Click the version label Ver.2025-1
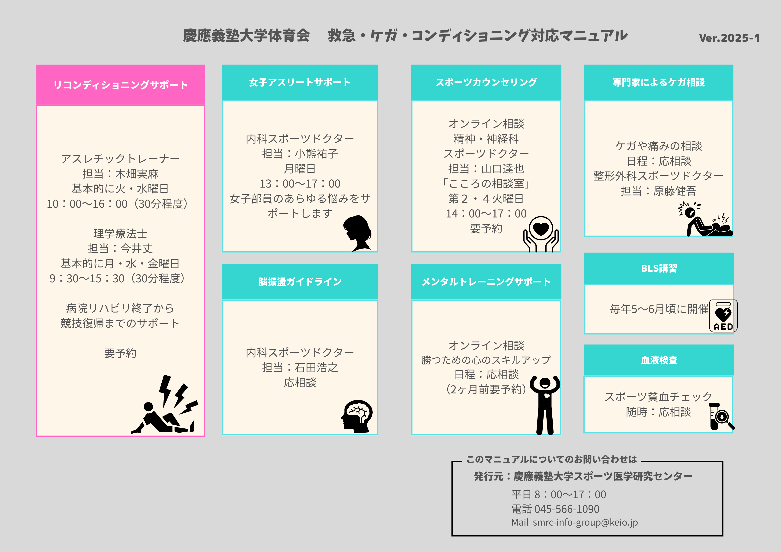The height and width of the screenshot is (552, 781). pos(729,38)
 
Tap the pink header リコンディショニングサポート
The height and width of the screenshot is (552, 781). pos(121,85)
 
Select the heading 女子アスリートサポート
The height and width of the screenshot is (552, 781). pos(300,82)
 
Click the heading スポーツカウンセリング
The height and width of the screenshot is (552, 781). pos(486,82)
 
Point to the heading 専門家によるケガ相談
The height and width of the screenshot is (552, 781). pos(659,82)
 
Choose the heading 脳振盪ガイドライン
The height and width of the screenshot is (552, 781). pos(300,282)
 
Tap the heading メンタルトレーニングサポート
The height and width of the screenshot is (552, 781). pos(486,282)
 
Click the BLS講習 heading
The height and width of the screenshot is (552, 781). pos(659,268)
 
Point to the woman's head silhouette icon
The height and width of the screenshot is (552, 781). pos(357,233)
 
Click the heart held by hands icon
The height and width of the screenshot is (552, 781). pos(541,234)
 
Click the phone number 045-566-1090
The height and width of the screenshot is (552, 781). pos(567,509)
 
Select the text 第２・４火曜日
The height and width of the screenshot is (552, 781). pos(486,199)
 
